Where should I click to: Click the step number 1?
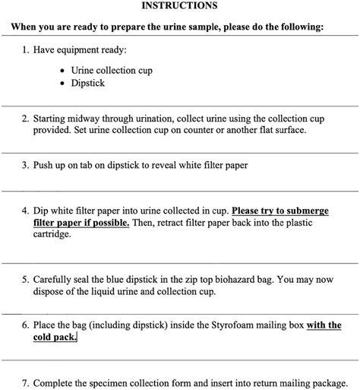click(x=25, y=50)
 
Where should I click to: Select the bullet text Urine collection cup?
click(x=112, y=71)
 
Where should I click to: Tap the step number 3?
click(x=25, y=164)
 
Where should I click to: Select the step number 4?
click(x=25, y=211)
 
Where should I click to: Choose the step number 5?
click(x=25, y=280)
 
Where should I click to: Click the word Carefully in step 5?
click(x=56, y=280)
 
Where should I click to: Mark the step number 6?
click(x=25, y=325)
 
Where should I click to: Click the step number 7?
click(x=25, y=382)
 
